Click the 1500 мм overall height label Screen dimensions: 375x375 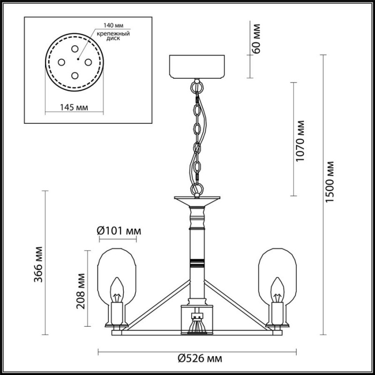(330, 181)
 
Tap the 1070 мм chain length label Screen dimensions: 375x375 (300, 141)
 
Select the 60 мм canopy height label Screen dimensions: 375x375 (255, 38)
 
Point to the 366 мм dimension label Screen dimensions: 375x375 (38, 264)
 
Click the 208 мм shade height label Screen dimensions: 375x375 (81, 291)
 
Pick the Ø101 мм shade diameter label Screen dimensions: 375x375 (119, 231)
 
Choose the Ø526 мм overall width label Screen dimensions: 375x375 (200, 359)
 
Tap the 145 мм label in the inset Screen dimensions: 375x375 (74, 107)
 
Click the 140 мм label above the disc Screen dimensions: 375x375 (113, 25)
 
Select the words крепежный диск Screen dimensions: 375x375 (113, 36)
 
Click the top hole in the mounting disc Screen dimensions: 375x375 (75, 49)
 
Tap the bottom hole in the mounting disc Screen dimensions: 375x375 (75, 75)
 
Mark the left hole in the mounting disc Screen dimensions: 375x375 (61, 62)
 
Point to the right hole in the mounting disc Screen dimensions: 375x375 (88, 62)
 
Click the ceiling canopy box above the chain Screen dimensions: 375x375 (197, 67)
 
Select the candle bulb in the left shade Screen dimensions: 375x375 (117, 290)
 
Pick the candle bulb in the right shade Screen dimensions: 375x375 (277, 290)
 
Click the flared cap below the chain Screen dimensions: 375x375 (197, 202)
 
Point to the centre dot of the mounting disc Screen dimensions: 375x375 (78, 59)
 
